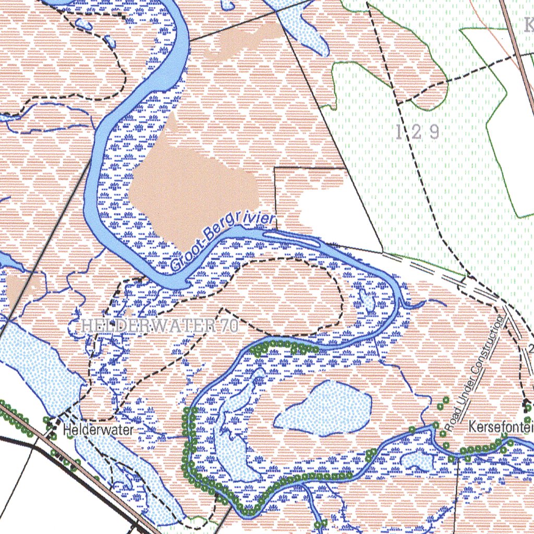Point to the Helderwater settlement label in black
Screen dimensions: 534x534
tap(98, 430)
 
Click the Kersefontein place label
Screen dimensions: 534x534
tap(501, 427)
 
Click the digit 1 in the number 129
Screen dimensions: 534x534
tap(400, 132)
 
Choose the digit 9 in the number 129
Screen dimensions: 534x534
tap(433, 132)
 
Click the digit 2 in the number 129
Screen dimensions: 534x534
tap(417, 132)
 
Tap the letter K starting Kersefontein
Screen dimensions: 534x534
tap(472, 427)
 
